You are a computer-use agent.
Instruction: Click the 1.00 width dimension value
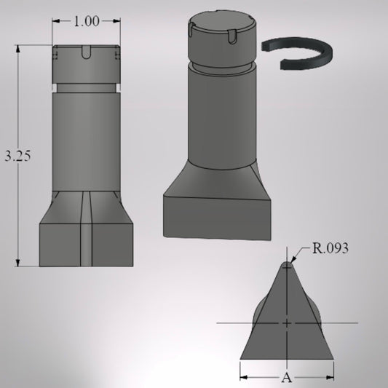pyautogui.click(x=87, y=21)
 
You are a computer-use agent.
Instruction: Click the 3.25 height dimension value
pyautogui.click(x=17, y=156)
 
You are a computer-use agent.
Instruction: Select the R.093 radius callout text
pyautogui.click(x=330, y=248)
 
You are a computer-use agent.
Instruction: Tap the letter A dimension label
pyautogui.click(x=287, y=378)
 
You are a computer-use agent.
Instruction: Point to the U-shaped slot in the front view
pyautogui.click(x=86, y=52)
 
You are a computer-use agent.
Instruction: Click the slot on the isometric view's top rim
pyautogui.click(x=232, y=36)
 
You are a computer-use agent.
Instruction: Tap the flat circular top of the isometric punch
pyautogui.click(x=221, y=22)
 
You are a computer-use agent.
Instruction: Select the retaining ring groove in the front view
pyautogui.click(x=87, y=88)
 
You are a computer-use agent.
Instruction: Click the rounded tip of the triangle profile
pyautogui.click(x=287, y=264)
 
